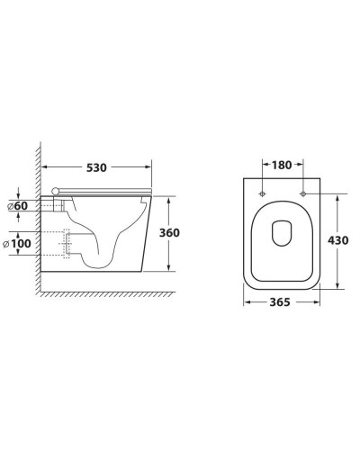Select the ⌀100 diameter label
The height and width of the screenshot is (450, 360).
[20, 243]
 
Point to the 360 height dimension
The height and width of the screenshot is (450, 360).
[169, 232]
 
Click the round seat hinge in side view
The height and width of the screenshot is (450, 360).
[58, 189]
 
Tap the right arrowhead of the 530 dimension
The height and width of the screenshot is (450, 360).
[148, 168]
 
